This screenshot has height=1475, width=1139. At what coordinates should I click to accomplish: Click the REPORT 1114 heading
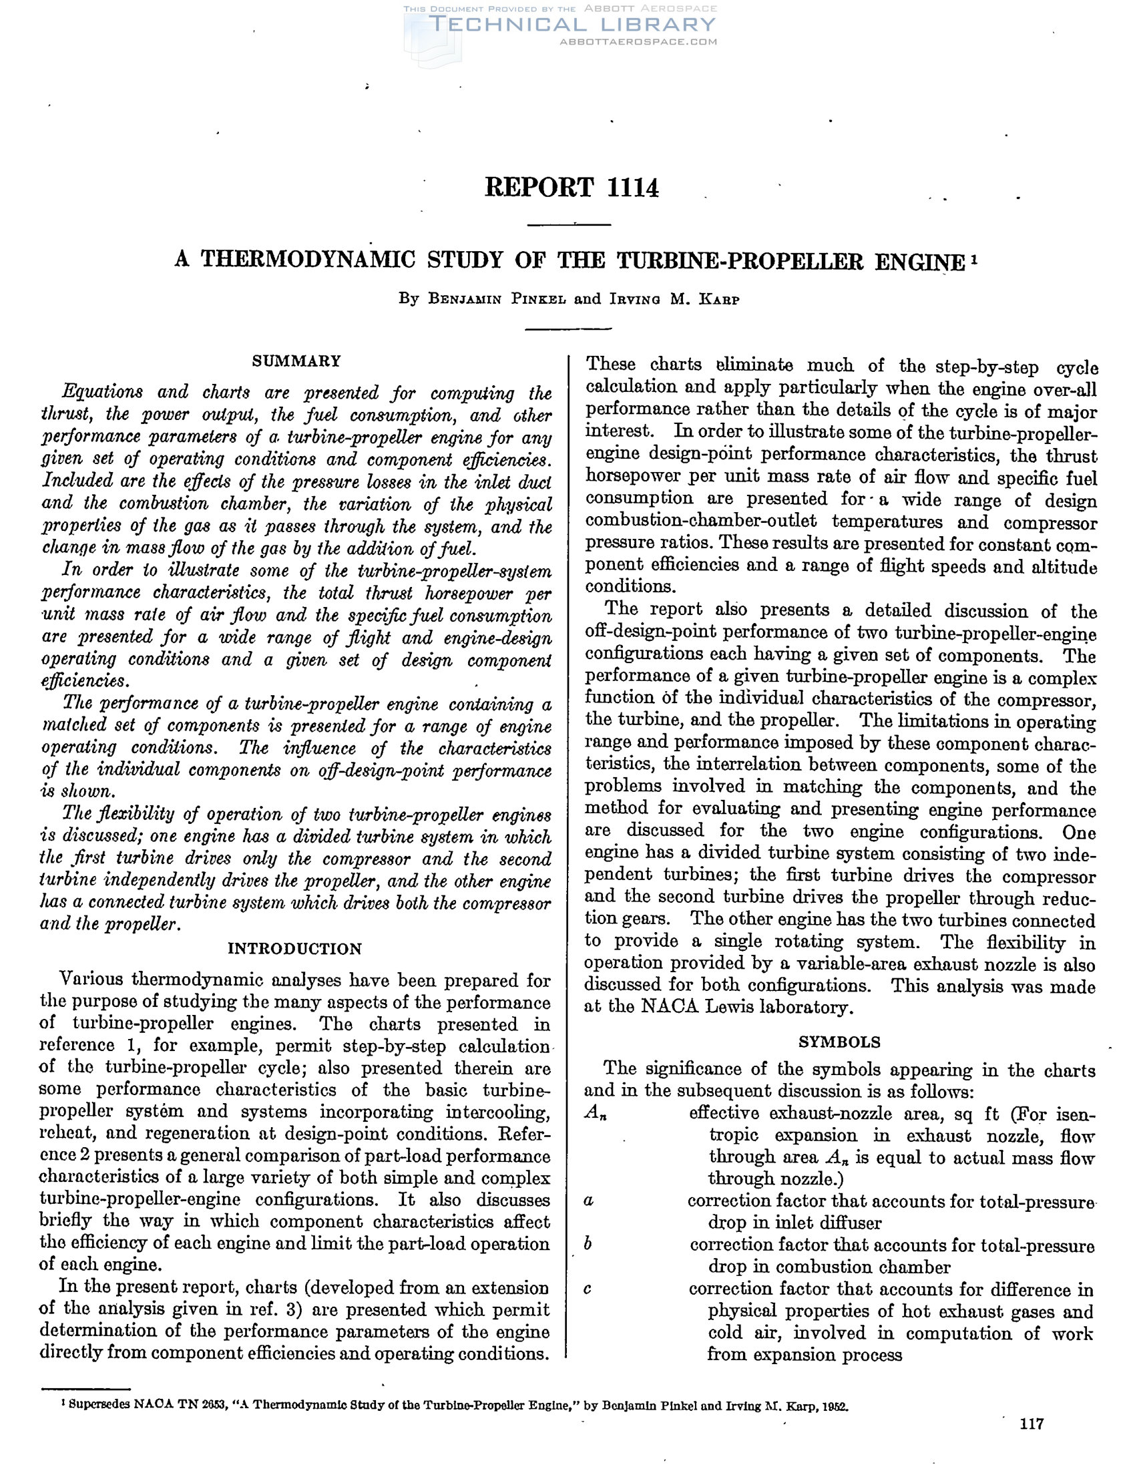pyautogui.click(x=572, y=187)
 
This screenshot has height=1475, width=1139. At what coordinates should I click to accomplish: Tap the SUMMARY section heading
pyautogui.click(x=296, y=361)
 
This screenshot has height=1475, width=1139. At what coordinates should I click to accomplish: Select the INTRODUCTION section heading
pyautogui.click(x=294, y=949)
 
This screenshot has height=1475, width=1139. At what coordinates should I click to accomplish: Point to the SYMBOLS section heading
pyautogui.click(x=839, y=1042)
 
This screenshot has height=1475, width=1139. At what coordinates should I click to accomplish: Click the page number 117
pyautogui.click(x=1032, y=1424)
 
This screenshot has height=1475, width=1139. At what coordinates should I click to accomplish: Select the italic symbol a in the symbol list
pyautogui.click(x=588, y=1201)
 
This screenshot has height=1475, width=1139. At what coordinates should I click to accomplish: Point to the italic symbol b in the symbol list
pyautogui.click(x=588, y=1244)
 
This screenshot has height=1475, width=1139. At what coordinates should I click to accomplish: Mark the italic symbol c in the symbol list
pyautogui.click(x=588, y=1289)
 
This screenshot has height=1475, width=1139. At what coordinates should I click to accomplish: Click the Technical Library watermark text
pyautogui.click(x=572, y=25)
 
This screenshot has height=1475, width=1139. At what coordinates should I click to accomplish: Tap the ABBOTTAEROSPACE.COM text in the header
pyautogui.click(x=638, y=42)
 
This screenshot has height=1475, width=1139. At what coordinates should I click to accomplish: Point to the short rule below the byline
pyautogui.click(x=567, y=329)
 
